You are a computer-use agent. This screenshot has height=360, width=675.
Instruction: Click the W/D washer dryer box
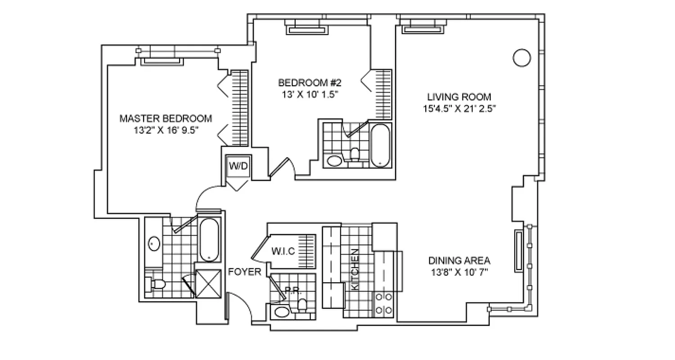coord(238,166)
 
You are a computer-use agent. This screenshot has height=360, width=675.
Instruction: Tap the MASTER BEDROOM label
coord(166,119)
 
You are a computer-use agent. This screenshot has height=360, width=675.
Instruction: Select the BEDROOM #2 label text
coord(310,83)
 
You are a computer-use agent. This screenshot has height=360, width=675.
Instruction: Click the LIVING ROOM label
coord(459,97)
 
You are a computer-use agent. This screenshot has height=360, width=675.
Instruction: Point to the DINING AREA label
coord(459,261)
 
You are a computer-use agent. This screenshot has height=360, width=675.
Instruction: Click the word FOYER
coord(244,272)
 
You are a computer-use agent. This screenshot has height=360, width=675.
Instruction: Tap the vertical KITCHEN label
coord(355,269)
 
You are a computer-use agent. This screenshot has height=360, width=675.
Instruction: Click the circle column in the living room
coord(522,58)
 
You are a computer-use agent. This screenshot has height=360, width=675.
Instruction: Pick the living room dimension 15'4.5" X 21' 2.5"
coord(459,108)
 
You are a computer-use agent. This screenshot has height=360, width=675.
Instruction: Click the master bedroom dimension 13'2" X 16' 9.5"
coord(166,130)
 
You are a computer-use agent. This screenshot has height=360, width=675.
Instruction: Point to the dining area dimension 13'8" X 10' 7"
coord(459,272)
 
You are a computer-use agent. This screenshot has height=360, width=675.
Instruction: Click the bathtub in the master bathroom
coord(209,239)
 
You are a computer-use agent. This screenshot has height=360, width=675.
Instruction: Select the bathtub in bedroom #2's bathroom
coord(380,145)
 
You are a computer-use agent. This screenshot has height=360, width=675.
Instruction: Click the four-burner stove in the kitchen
coord(384,303)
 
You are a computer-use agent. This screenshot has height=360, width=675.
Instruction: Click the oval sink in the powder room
coord(283,312)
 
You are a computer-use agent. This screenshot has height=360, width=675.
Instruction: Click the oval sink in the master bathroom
coord(154,243)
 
